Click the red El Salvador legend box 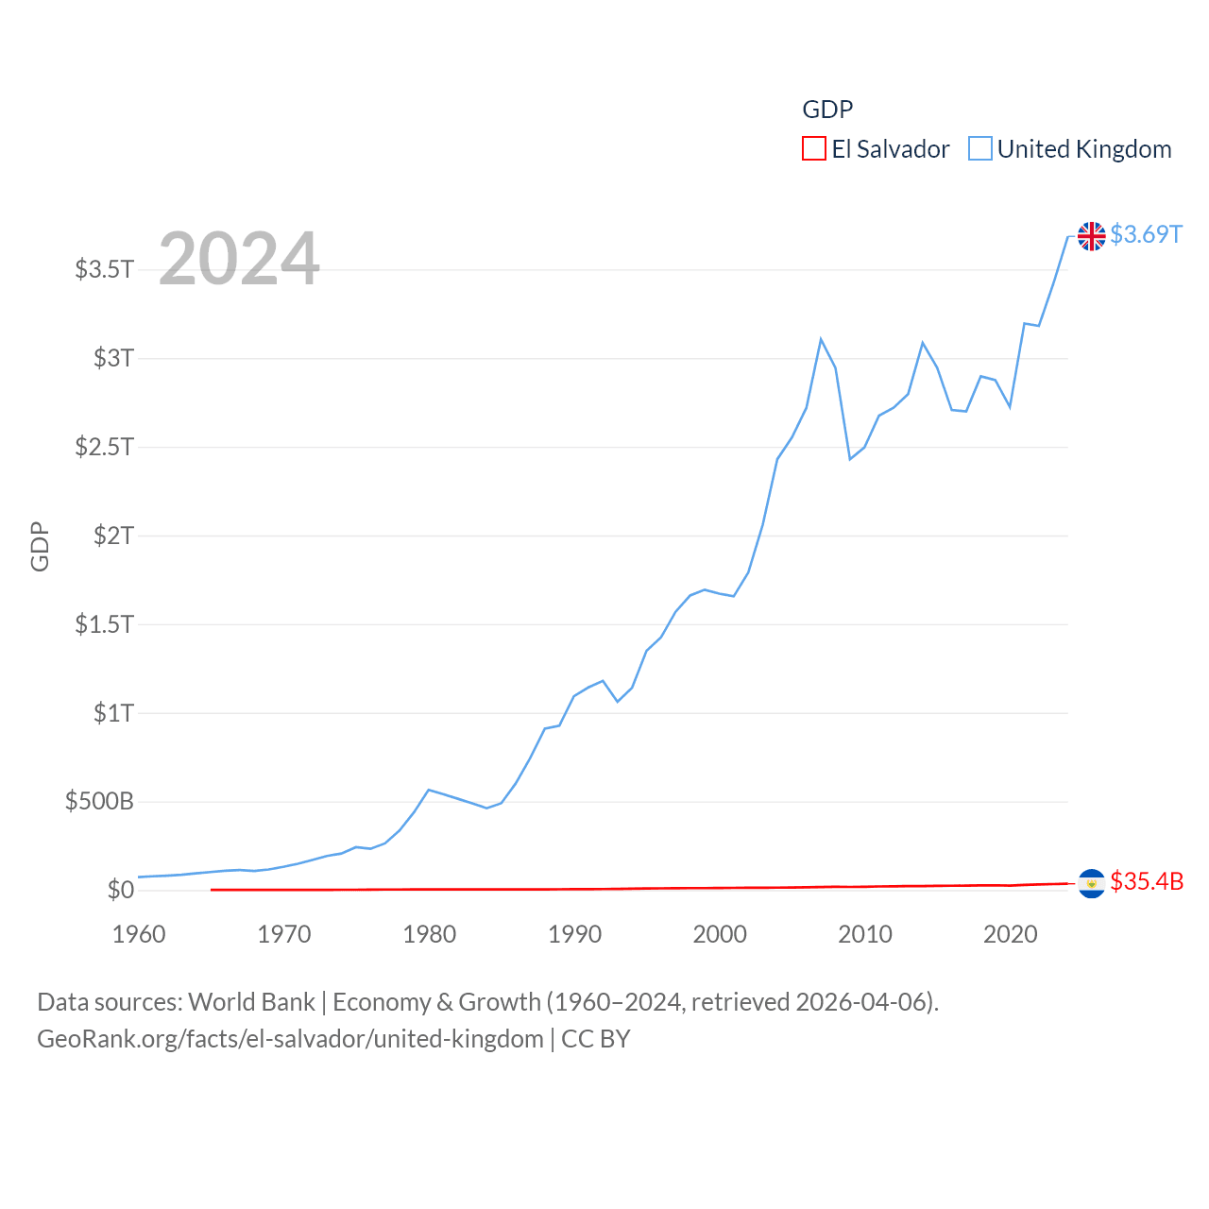[813, 149]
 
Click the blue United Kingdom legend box [980, 149]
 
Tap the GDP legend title [827, 110]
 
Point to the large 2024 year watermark [239, 259]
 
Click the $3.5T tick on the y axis [104, 269]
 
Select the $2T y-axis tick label [113, 536]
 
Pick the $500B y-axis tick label [99, 802]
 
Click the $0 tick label [120, 890]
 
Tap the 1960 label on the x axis [139, 934]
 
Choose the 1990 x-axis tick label [574, 934]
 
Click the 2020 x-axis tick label [1010, 934]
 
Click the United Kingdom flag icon [1091, 236]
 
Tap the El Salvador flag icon [1091, 883]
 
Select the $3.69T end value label [1146, 234]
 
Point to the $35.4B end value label [1147, 881]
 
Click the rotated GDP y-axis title [40, 546]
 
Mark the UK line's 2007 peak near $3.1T [821, 339]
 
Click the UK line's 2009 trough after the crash [850, 459]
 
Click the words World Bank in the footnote [251, 1001]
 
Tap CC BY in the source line [595, 1039]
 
